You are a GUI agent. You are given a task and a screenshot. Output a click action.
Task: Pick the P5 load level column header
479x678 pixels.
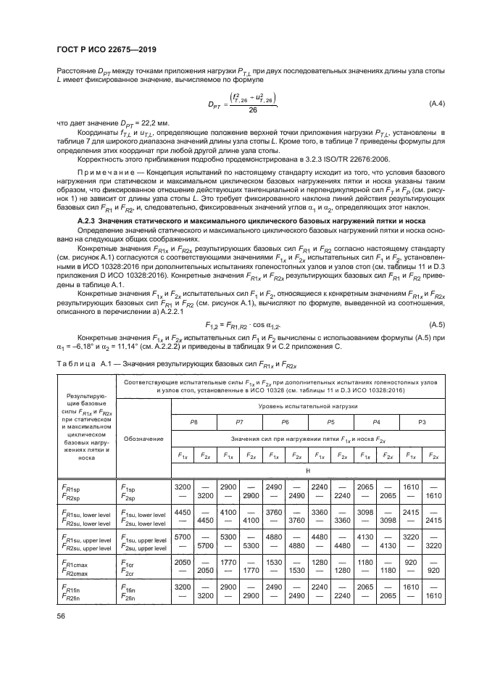[x=330, y=422]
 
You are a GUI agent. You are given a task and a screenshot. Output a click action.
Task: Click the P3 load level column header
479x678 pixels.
[x=423, y=422]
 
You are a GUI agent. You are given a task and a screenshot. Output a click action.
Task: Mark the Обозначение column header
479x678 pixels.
[x=138, y=439]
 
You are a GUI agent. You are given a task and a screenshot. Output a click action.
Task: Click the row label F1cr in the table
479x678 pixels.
[x=130, y=561]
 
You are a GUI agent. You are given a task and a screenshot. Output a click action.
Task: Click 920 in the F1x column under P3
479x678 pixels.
[x=412, y=561]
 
